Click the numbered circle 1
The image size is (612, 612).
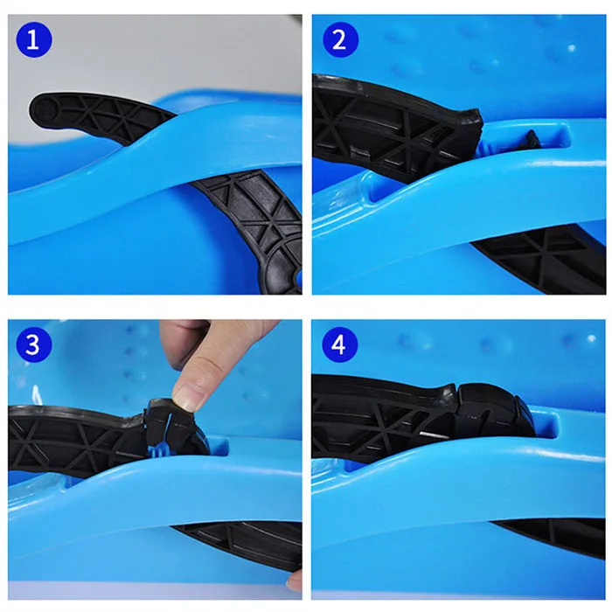click(34, 40)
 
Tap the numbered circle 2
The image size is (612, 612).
click(340, 40)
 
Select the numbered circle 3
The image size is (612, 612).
click(34, 344)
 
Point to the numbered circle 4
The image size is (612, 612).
click(339, 344)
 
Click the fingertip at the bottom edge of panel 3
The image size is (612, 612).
click(296, 581)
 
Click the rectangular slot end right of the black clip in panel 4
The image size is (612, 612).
click(547, 423)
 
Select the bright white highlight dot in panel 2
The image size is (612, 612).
click(572, 48)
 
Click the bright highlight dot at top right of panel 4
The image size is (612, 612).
click(591, 338)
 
